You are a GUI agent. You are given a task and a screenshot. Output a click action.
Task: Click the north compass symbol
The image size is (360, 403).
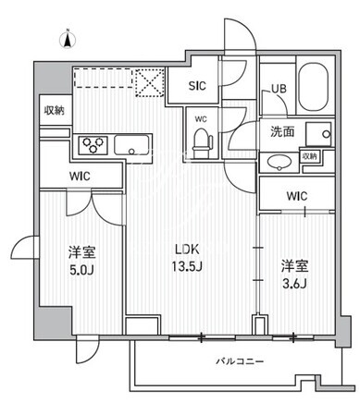click(x=68, y=39)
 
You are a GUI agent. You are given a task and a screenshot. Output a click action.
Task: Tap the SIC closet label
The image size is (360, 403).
click(x=197, y=86)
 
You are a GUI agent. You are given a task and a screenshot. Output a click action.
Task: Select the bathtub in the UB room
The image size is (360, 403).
click(x=314, y=87)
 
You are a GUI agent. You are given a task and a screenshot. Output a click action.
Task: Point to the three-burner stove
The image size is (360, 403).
click(x=93, y=145)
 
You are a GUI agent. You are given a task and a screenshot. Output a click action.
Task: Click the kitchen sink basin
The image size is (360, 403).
click(x=132, y=145)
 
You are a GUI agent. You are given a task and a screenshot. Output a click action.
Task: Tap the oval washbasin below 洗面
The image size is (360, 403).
click(x=279, y=162)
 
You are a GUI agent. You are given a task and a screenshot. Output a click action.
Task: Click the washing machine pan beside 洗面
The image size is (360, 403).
click(x=318, y=134)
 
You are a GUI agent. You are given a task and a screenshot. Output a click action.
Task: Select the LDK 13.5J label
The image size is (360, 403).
click(x=187, y=258)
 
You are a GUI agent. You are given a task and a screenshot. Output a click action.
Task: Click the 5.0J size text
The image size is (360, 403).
click(x=81, y=270)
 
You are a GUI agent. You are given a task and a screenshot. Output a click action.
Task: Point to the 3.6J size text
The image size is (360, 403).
click(x=294, y=284)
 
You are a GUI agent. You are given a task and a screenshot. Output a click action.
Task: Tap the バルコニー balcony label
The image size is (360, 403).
click(x=240, y=361)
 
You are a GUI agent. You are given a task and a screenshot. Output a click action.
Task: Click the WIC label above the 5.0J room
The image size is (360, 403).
click(x=80, y=177)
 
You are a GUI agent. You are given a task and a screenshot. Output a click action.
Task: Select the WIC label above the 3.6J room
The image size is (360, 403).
click(x=297, y=196)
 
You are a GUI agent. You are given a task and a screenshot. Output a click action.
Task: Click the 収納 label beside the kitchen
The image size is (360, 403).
click(x=55, y=110)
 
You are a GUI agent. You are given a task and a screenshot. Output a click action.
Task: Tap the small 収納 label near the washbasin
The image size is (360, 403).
click(x=309, y=156)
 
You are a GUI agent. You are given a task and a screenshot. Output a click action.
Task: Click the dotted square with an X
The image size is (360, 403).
click(x=150, y=82)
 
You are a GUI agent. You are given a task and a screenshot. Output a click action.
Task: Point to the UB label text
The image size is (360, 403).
click(x=279, y=89)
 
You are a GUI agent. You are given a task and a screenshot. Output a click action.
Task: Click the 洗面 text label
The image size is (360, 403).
click(x=282, y=132)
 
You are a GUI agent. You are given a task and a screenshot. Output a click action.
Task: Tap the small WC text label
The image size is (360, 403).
click(x=201, y=119)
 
